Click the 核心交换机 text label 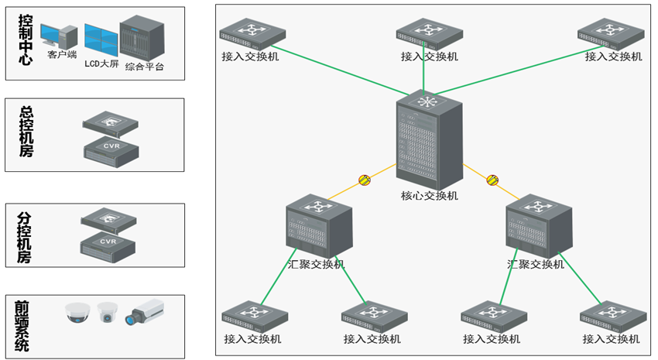coord(430,196)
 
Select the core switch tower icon coord(428,140)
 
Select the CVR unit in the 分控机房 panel coord(111,245)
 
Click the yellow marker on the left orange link coord(364,180)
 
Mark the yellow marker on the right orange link coord(492,180)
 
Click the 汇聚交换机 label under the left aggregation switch coord(316,264)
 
